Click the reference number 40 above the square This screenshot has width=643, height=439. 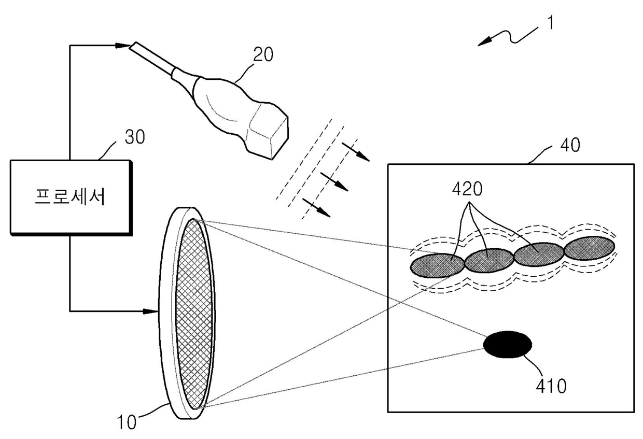coord(569,145)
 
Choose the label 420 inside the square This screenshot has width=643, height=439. coord(467,190)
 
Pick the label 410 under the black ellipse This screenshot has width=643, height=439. coord(551,386)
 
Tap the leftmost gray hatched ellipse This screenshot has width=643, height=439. coord(437,265)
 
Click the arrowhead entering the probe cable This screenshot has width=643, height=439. coord(124,46)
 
